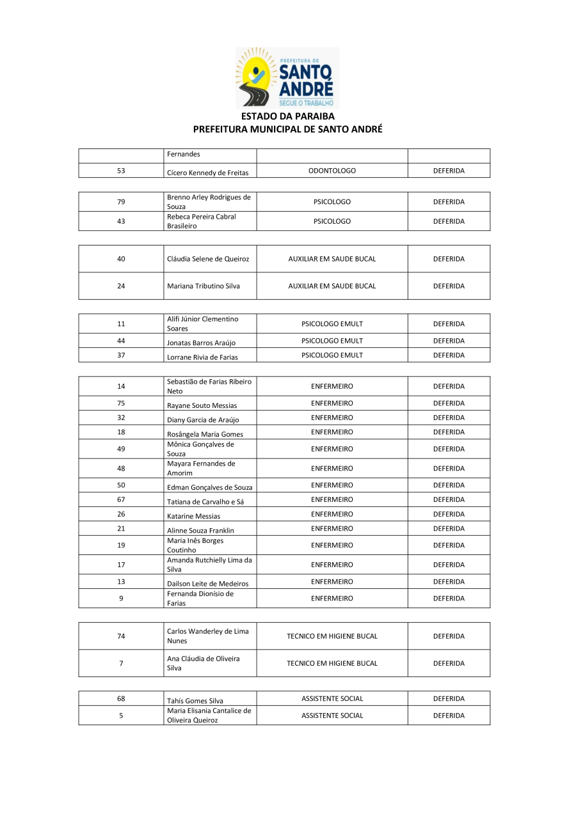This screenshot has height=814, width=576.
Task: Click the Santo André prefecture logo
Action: click(x=287, y=77)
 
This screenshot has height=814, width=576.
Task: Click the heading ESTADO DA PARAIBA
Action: click(x=287, y=116)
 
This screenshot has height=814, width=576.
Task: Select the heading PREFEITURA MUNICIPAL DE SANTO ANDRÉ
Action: click(x=287, y=129)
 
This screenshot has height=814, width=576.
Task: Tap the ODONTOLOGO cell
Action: click(x=332, y=171)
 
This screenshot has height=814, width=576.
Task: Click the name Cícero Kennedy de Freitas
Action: click(x=207, y=173)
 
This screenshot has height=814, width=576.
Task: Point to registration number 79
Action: click(x=121, y=202)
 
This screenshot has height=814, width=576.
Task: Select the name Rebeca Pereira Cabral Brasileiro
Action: click(x=202, y=221)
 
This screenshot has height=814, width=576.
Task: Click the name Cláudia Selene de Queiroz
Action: click(x=208, y=259)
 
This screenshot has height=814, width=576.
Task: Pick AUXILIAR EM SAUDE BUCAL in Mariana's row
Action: click(x=332, y=286)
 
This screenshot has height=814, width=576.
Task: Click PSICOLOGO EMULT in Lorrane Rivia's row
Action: click(x=332, y=355)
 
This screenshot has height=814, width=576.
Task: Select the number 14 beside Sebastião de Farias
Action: click(x=121, y=386)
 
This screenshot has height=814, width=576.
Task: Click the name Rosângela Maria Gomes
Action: click(x=205, y=434)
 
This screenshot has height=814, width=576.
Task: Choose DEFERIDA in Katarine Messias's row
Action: click(x=449, y=514)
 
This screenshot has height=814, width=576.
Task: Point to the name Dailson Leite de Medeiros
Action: click(x=207, y=584)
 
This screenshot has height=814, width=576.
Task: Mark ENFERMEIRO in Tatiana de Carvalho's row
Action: click(x=332, y=499)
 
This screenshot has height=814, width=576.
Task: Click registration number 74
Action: click(x=121, y=636)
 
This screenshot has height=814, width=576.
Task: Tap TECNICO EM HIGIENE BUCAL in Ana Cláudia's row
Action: click(x=332, y=663)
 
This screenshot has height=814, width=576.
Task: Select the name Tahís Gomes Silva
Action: click(x=195, y=701)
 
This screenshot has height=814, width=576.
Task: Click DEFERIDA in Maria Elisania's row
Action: click(x=449, y=716)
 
